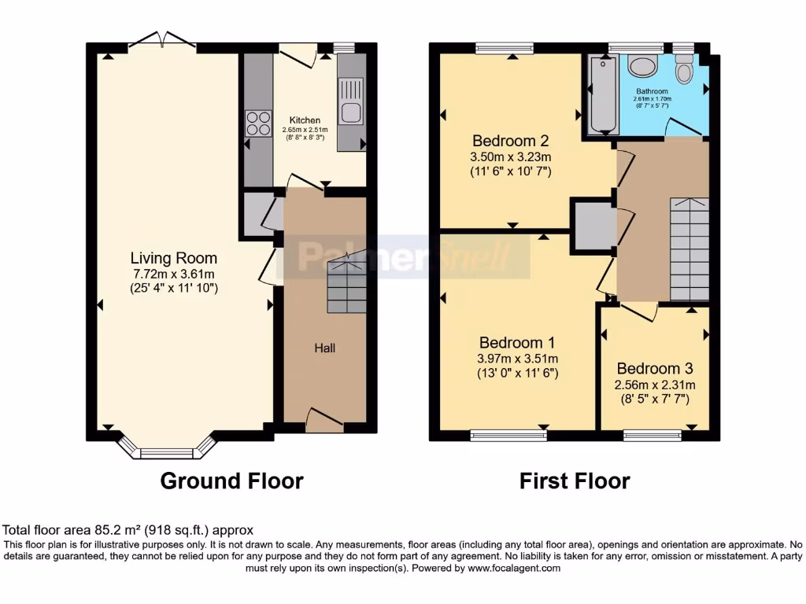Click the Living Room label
173,258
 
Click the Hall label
325,348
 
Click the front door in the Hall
324,420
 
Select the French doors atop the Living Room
163,39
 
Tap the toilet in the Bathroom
684,72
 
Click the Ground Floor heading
231,481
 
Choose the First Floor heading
575,481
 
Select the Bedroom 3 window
653,434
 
